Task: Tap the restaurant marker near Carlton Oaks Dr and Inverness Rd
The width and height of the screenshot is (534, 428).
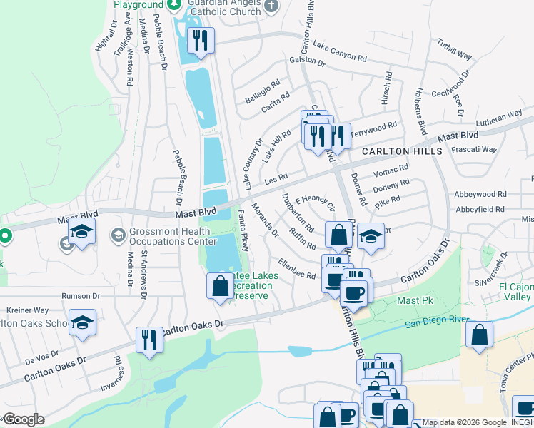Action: (x=149, y=339)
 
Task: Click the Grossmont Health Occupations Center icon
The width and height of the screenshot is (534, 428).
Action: (x=119, y=234)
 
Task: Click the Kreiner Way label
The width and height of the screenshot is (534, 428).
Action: (x=27, y=310)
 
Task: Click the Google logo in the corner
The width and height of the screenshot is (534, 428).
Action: (x=23, y=419)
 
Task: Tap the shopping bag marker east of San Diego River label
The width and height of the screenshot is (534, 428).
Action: (x=480, y=335)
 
